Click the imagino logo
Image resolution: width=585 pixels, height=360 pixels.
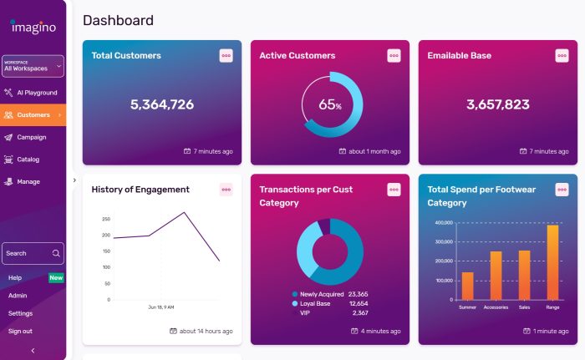point(33,27)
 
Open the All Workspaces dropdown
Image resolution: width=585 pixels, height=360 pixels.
point(33,66)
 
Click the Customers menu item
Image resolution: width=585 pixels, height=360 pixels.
point(33,114)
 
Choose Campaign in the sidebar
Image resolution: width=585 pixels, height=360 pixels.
point(31,137)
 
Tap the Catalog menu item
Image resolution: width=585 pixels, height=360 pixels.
point(28,160)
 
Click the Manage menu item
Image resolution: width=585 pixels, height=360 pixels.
point(28,181)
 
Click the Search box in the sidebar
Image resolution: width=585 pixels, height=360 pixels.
point(33,253)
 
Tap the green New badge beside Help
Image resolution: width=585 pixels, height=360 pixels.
point(56,277)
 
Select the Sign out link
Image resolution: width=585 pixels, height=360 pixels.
point(20,331)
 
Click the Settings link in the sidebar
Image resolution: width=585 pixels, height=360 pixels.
point(20,313)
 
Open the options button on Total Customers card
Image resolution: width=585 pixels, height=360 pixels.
point(226,55)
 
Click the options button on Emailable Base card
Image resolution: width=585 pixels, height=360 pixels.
point(562,55)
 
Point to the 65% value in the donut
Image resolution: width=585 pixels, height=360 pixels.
point(330,105)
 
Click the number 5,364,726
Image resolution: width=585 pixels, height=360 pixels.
point(162,104)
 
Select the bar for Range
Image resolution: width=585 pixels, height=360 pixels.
point(552,262)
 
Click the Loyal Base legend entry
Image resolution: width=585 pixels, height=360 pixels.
point(315,303)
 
